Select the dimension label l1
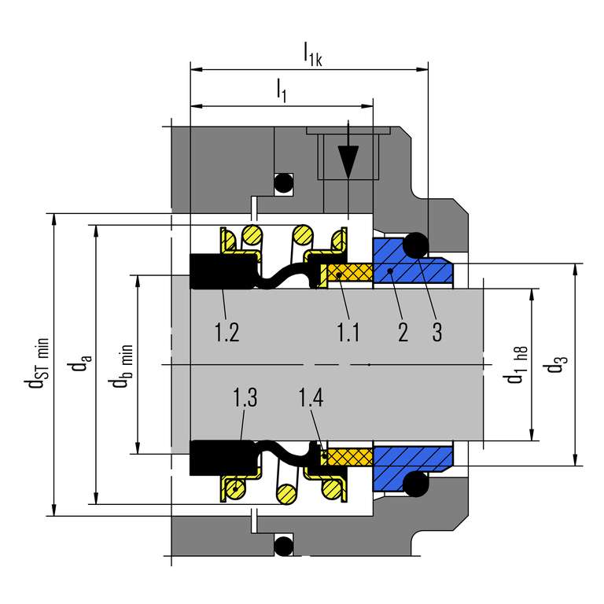(x=282, y=90)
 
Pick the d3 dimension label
(x=560, y=365)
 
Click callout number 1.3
(x=245, y=398)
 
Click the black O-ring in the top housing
(x=283, y=183)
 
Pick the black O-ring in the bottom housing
(x=283, y=544)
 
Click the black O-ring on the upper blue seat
(x=414, y=245)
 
